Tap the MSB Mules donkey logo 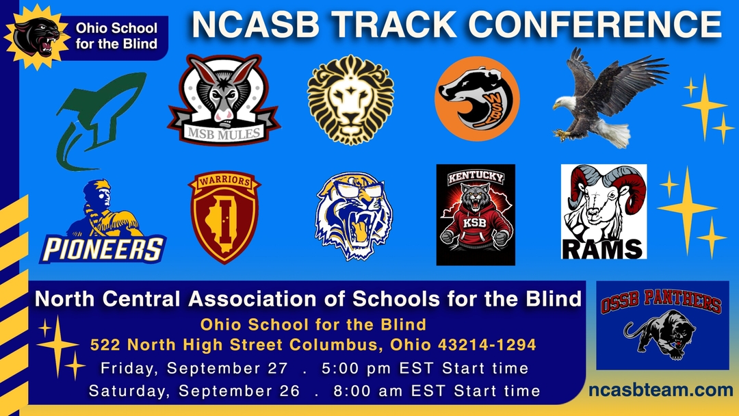click(x=224, y=99)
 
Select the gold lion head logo click(x=350, y=99)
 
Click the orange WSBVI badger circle click(x=477, y=99)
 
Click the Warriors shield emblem click(x=224, y=217)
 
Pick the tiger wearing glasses click(x=354, y=216)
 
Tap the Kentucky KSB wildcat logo click(x=476, y=215)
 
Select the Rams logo click(x=604, y=211)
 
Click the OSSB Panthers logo click(x=662, y=325)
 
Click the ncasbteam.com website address click(x=661, y=389)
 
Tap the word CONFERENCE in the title click(x=595, y=24)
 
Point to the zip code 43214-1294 click(x=487, y=345)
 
